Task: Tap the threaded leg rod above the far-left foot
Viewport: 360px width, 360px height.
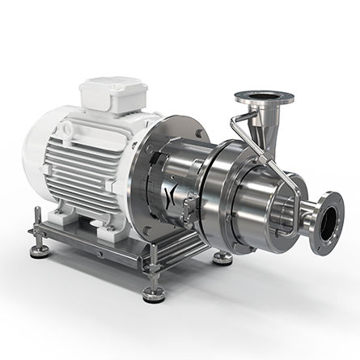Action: [x=37, y=235]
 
